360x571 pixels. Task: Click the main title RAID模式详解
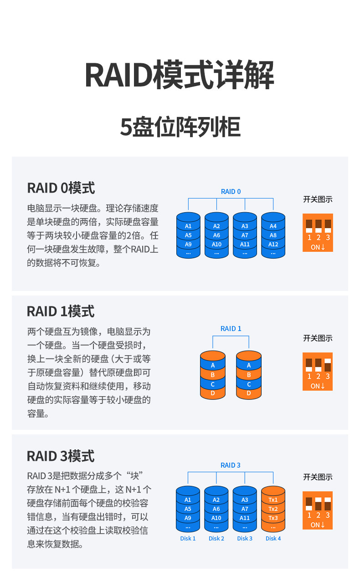click(x=180, y=75)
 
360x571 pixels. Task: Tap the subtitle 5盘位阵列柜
click(x=180, y=127)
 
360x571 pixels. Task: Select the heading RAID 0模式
click(x=61, y=188)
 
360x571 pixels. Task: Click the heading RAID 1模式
click(x=61, y=311)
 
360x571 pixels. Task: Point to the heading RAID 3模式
click(x=61, y=456)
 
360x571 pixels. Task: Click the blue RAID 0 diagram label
click(x=231, y=192)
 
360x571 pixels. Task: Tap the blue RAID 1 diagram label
click(x=231, y=329)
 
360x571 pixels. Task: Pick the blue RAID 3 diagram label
click(x=231, y=465)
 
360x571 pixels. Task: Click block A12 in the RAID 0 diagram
click(x=273, y=245)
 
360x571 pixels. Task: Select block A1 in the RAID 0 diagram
click(x=188, y=226)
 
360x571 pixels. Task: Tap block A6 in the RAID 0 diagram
click(x=216, y=235)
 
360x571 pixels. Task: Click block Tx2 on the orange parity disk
click(x=273, y=509)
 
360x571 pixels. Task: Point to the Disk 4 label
click(x=273, y=539)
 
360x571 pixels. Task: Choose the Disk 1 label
click(x=188, y=539)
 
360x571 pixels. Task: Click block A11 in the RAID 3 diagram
click(x=245, y=518)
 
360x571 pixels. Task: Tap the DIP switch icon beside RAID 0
click(x=318, y=233)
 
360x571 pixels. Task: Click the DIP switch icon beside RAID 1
click(x=318, y=372)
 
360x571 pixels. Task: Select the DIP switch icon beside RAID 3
click(x=318, y=510)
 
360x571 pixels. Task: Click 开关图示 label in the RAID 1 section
click(x=318, y=338)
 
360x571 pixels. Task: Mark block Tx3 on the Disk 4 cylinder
click(x=273, y=518)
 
